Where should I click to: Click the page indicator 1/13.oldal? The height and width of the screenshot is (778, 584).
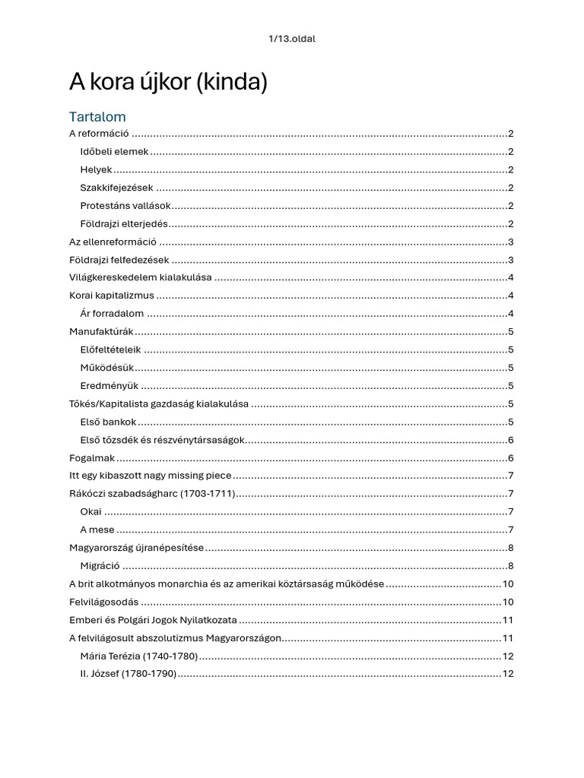click(x=292, y=39)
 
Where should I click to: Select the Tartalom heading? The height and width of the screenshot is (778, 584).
click(x=97, y=117)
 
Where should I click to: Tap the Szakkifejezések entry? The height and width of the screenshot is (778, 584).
click(x=116, y=188)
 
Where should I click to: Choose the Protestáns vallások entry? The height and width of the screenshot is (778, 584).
click(x=125, y=206)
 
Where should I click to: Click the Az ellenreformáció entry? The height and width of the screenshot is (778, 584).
click(x=113, y=242)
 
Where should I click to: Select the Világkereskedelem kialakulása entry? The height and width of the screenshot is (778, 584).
click(x=140, y=277)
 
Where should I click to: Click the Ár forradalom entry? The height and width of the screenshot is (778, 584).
click(x=112, y=314)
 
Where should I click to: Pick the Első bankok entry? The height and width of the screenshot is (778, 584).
click(x=108, y=422)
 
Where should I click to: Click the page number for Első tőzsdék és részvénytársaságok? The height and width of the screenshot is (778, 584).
click(x=510, y=440)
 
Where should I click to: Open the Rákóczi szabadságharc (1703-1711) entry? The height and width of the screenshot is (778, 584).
click(x=151, y=494)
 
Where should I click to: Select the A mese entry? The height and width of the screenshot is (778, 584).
click(x=97, y=530)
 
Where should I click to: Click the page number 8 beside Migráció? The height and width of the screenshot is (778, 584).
click(x=510, y=565)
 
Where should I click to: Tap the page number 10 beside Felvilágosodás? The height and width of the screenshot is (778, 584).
click(x=507, y=602)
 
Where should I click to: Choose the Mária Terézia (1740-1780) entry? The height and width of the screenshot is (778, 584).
click(x=138, y=656)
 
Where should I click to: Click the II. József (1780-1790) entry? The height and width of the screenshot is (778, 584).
click(x=128, y=674)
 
